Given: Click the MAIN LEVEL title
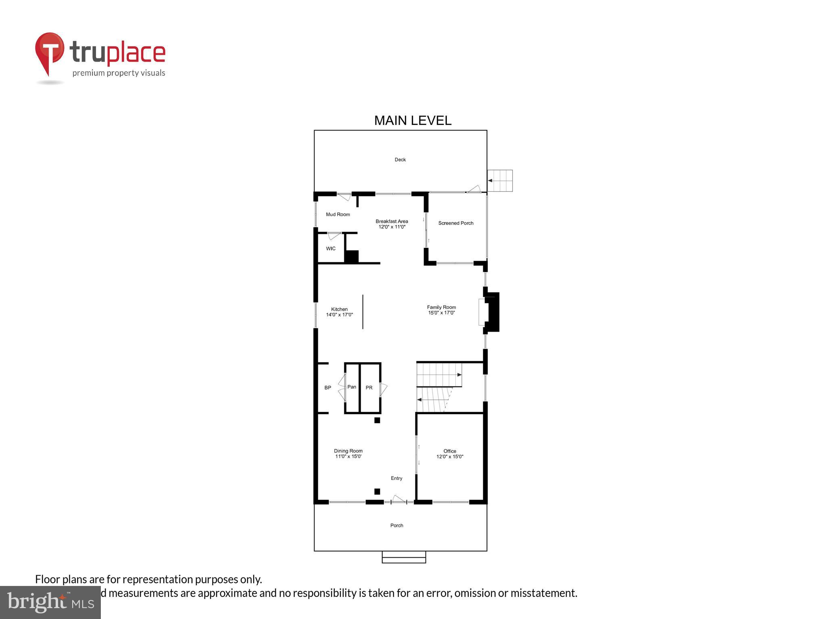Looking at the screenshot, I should [x=413, y=120].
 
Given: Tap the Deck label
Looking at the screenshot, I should [x=400, y=160].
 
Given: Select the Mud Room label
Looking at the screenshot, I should [x=338, y=214].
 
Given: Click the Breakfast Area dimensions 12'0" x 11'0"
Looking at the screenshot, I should [x=392, y=227].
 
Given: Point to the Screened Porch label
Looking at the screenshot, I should [x=456, y=223].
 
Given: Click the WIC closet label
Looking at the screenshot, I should [x=331, y=249].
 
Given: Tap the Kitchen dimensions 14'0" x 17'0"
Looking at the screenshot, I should [x=339, y=315].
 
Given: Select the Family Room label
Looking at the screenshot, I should [x=441, y=307].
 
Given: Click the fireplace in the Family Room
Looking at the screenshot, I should [x=490, y=312].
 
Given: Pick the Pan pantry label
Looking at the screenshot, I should [x=352, y=387].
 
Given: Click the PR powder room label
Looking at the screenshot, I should [x=369, y=388].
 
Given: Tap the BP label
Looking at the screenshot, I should [x=328, y=388].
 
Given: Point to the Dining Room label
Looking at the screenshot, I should [x=348, y=451].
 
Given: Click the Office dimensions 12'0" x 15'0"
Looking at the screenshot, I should [x=450, y=457].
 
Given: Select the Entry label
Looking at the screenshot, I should [x=396, y=478].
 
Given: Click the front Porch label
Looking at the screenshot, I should [x=396, y=526].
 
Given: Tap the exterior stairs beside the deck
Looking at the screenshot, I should [x=500, y=181].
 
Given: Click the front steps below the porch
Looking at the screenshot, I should [x=404, y=557].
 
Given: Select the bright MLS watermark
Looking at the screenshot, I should [x=50, y=602].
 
